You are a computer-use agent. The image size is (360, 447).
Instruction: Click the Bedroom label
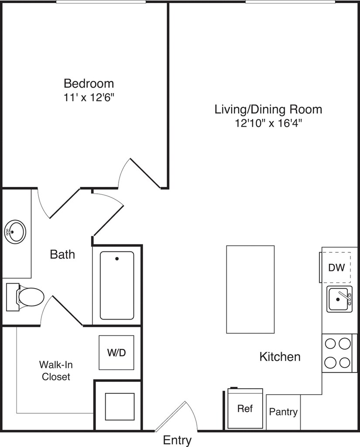click(89, 83)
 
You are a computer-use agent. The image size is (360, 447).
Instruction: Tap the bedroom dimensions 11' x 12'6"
click(89, 98)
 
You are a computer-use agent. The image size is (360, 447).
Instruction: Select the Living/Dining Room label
click(268, 110)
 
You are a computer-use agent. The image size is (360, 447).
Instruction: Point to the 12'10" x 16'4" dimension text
click(268, 124)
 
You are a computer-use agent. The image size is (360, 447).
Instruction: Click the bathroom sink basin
click(15, 232)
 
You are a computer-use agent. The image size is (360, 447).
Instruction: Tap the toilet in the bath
click(25, 297)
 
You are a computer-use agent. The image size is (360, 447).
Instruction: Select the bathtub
click(117, 285)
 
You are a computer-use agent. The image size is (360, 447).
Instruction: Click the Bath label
click(62, 254)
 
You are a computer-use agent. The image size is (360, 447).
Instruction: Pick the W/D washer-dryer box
click(117, 353)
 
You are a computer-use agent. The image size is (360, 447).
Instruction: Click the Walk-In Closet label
click(56, 371)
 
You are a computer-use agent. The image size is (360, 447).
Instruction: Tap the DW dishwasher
click(336, 268)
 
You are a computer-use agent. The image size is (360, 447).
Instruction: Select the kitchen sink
click(339, 299)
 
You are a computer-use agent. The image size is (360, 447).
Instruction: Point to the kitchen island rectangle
click(250, 289)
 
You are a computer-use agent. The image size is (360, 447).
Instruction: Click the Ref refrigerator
click(245, 409)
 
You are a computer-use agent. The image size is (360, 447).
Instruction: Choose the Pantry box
click(283, 412)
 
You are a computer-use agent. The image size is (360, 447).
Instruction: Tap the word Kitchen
click(280, 357)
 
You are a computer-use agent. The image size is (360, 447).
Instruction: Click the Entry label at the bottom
click(177, 440)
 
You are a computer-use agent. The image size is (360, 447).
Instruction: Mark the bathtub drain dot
click(117, 259)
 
